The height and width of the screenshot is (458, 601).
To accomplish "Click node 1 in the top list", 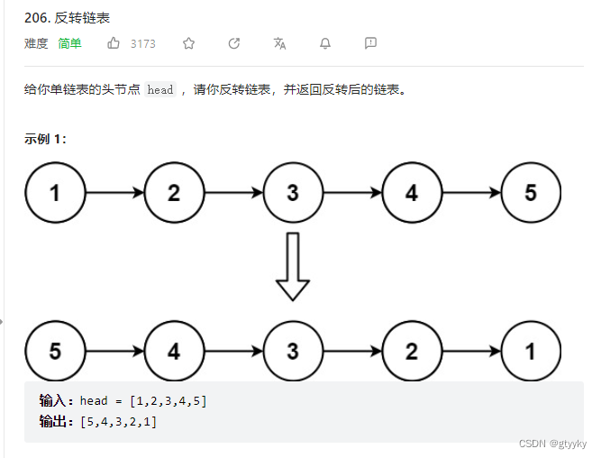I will (55, 193).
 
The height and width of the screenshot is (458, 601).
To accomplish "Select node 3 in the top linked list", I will (293, 193).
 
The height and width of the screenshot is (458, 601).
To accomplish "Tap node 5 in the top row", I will (531, 193).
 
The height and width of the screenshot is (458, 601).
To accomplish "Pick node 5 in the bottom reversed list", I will (55, 351).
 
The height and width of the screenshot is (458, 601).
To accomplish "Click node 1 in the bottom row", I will (531, 351).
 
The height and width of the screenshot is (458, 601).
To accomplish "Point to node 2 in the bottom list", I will (412, 351).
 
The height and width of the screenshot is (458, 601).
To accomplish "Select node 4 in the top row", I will (412, 193).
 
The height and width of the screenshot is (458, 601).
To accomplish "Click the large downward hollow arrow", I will (293, 266).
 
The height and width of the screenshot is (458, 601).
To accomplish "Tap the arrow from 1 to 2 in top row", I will (114, 193).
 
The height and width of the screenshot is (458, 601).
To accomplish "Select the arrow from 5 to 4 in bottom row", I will (114, 351).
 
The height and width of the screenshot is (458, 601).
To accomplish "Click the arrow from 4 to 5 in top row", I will (471, 193).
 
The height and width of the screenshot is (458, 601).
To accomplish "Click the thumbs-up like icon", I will (114, 43).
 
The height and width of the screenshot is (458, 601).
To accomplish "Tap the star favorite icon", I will (188, 43).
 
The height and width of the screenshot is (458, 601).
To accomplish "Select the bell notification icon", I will (325, 43).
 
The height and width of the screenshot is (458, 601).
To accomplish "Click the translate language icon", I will (279, 43).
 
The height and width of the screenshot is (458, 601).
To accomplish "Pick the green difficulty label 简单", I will (69, 43).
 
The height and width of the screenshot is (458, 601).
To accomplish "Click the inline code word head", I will (160, 90).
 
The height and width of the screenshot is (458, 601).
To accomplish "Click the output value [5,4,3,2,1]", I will (118, 421).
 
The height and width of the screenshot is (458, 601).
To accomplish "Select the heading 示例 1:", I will (45, 139).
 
